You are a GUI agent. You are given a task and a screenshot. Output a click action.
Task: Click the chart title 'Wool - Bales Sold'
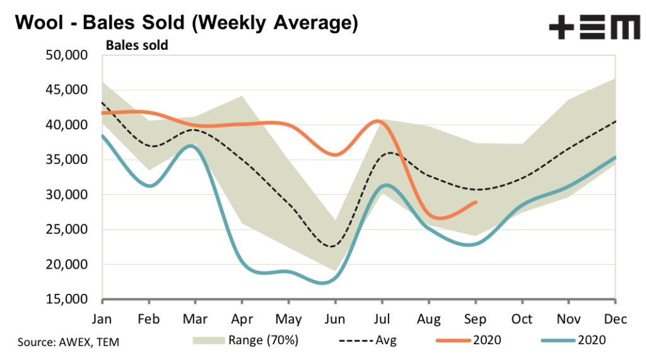[186, 23]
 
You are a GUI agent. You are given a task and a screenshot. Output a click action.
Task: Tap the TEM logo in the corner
[594, 28]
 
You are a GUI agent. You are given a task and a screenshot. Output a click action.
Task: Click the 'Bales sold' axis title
[136, 45]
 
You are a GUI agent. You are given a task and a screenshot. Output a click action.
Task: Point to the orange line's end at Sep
[476, 202]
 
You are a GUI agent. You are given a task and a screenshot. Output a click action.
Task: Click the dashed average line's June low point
[331, 246]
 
